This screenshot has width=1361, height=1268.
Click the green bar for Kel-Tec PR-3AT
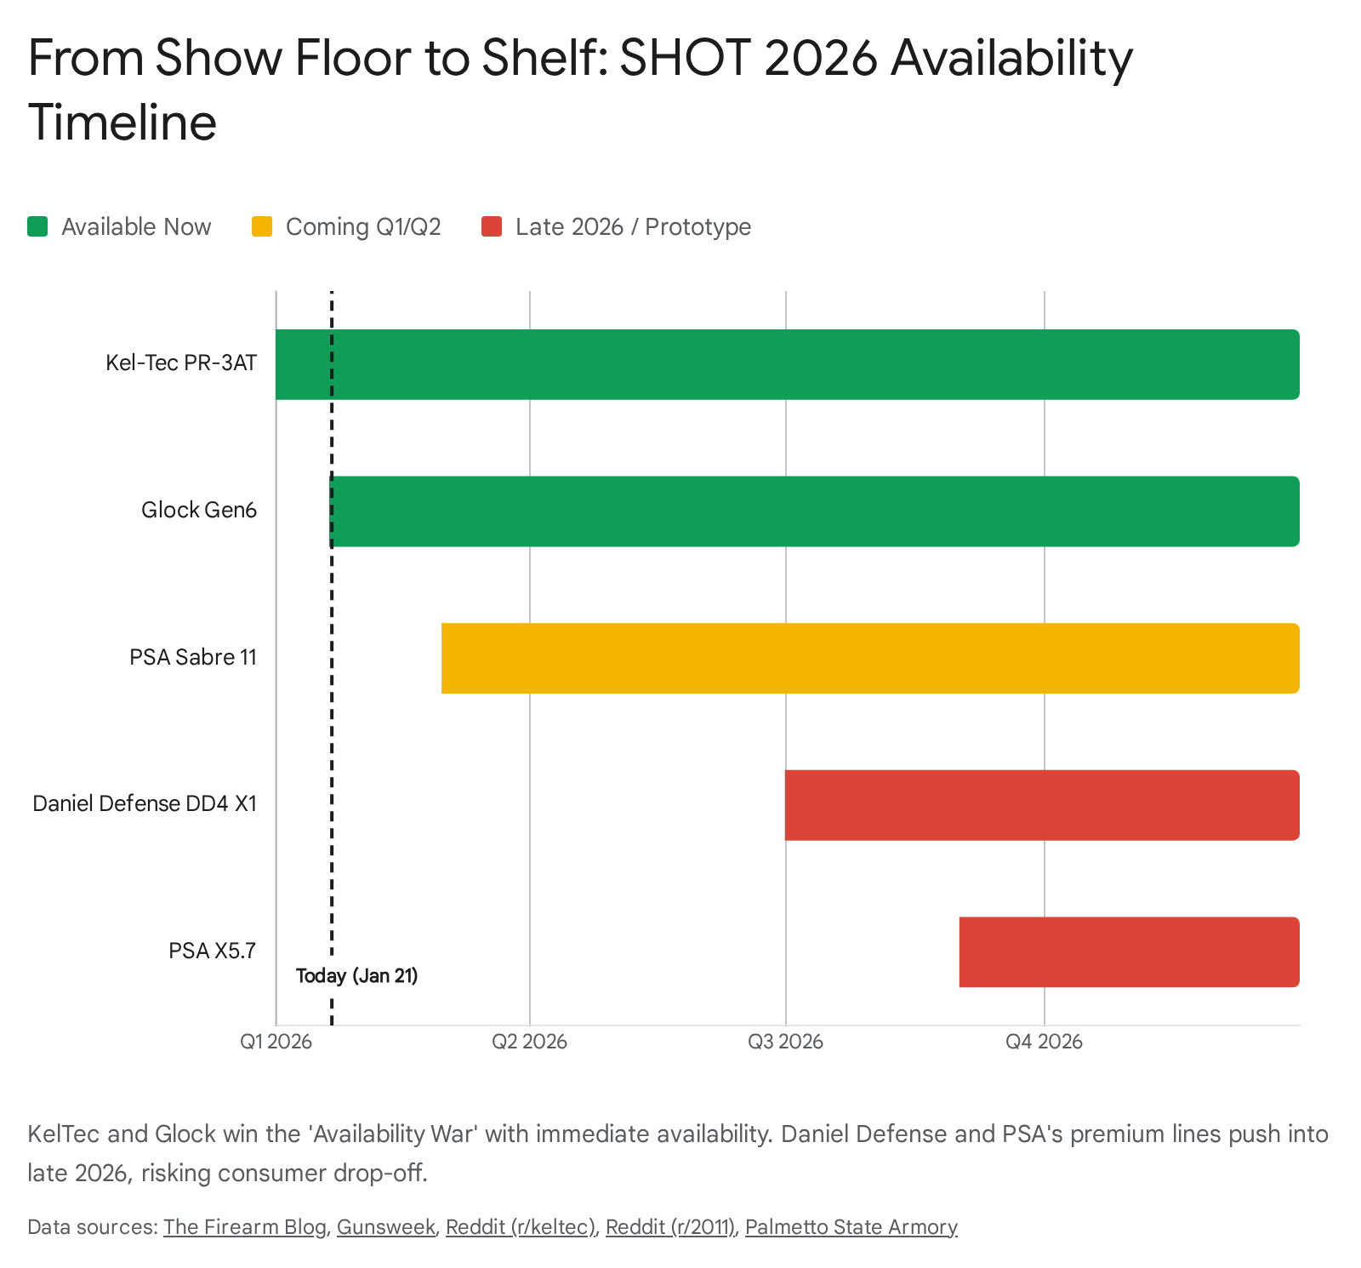(x=787, y=364)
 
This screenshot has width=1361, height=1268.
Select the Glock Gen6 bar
(x=814, y=511)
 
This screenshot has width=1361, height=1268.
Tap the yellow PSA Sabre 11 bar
(x=869, y=658)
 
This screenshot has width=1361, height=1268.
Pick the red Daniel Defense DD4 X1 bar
(x=1041, y=805)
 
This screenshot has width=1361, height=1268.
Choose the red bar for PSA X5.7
(x=1129, y=951)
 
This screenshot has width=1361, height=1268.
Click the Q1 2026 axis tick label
(x=276, y=1042)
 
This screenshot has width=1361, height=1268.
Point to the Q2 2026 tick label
(x=529, y=1042)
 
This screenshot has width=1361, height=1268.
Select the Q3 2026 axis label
(x=785, y=1042)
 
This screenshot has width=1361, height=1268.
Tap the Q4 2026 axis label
(x=1044, y=1042)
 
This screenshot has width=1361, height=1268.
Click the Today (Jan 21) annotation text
(x=357, y=975)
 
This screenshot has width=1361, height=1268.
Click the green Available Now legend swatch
(x=37, y=226)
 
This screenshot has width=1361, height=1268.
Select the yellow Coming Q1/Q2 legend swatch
(x=262, y=226)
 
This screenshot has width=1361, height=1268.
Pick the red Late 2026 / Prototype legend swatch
(x=492, y=226)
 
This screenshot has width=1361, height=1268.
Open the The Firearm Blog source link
(x=245, y=1226)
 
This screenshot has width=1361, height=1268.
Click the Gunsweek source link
(x=386, y=1226)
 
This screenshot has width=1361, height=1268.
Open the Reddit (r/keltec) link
(x=521, y=1226)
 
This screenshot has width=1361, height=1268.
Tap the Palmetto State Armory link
(x=851, y=1226)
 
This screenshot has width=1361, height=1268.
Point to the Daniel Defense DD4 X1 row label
(x=145, y=803)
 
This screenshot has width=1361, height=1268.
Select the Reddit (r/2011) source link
(x=670, y=1226)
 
